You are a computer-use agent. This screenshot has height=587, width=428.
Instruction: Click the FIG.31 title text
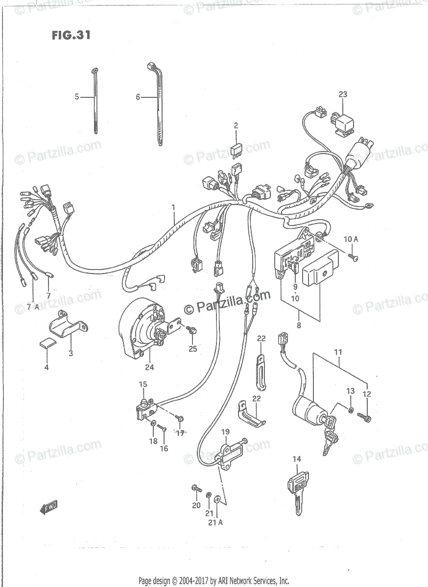pyautogui.click(x=71, y=36)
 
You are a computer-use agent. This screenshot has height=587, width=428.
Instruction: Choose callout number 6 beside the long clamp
pyautogui.click(x=138, y=97)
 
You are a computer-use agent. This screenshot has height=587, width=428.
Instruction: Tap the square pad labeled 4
pyautogui.click(x=47, y=344)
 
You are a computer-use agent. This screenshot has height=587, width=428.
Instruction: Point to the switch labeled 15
pyautogui.click(x=145, y=408)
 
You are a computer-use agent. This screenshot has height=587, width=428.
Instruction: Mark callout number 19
pyautogui.click(x=225, y=432)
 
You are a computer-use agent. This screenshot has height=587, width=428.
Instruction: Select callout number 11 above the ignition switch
pyautogui.click(x=338, y=352)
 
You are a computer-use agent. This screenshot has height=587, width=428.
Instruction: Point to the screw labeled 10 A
pyautogui.click(x=353, y=257)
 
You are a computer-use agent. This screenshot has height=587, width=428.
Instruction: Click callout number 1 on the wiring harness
pyautogui.click(x=173, y=207)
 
